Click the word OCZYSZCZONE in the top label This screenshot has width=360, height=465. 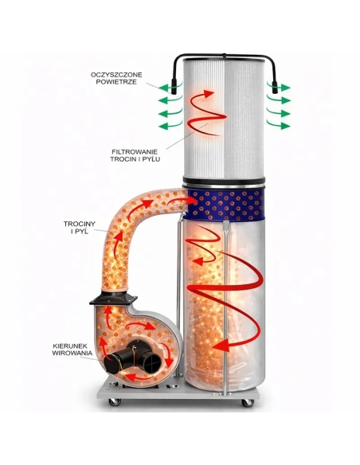tap(116, 74)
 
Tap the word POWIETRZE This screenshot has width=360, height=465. tap(116, 82)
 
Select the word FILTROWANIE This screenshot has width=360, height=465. tap(135, 151)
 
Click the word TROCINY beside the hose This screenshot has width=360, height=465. tap(80, 224)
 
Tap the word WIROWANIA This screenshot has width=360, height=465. tap(72, 354)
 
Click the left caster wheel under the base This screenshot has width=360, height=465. tap(115, 401)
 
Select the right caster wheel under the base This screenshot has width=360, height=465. tap(248, 402)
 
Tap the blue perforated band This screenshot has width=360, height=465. tap(223, 205)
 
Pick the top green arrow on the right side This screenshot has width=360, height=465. tap(278, 87)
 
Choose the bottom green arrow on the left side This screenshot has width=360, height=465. tap(170, 126)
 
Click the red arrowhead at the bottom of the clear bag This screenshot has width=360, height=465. tap(221, 346)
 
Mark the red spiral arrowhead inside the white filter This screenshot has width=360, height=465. tap(209, 94)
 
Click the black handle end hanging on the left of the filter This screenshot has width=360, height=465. tap(174, 87)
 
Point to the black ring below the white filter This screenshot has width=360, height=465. tap(224, 181)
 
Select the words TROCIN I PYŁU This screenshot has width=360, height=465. tap(135, 159)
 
